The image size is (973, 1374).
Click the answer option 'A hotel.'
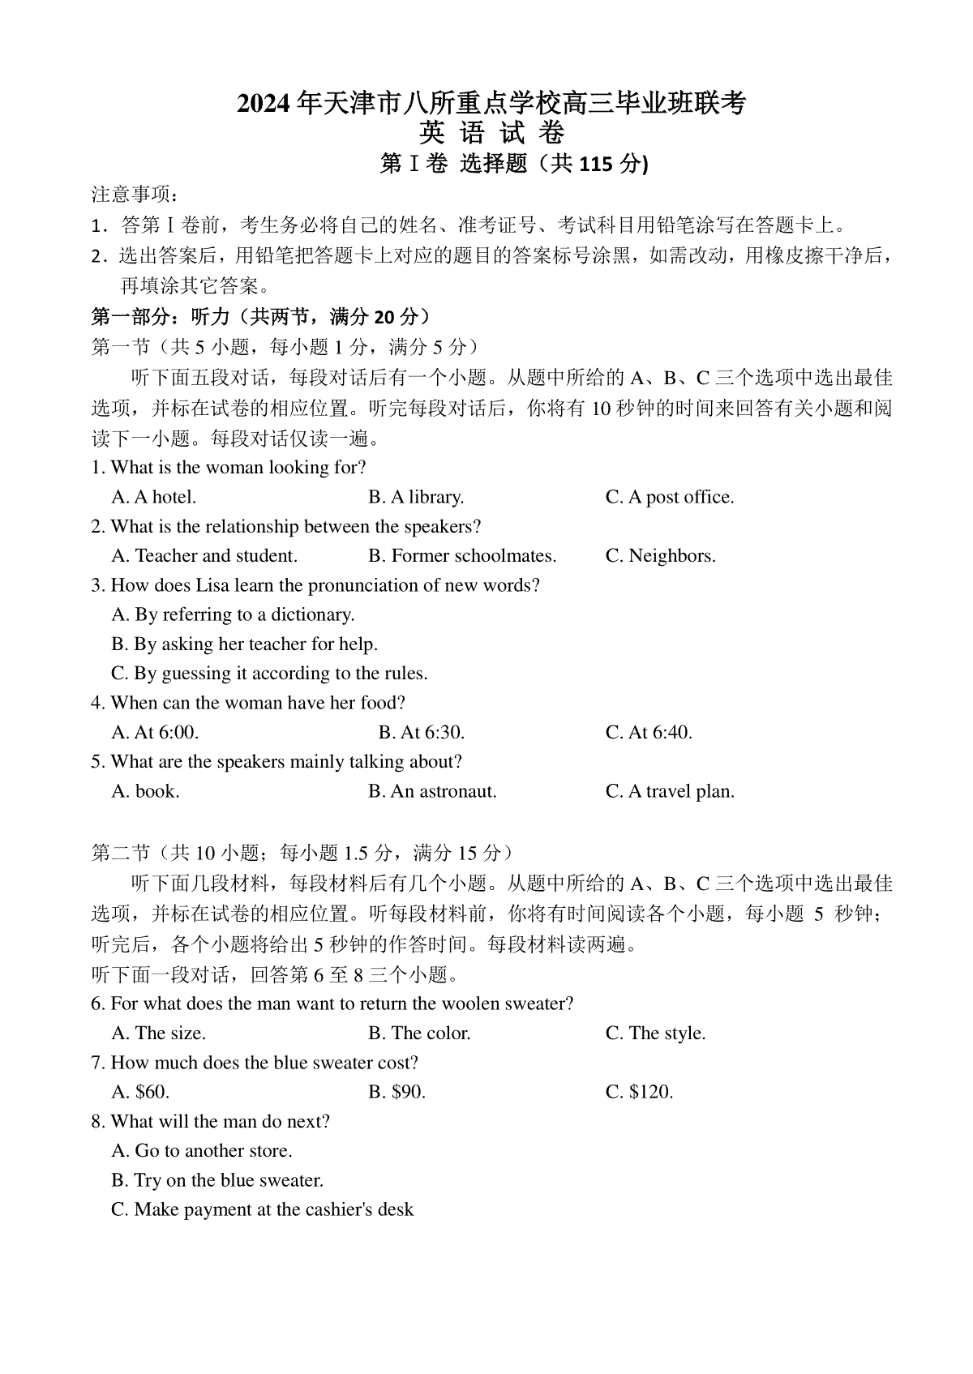pos(154,497)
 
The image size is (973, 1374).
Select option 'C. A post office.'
pos(670,497)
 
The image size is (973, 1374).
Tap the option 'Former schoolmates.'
pos(462,556)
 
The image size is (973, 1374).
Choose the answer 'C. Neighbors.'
pos(660,556)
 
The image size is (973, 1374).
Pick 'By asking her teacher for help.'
pos(245,644)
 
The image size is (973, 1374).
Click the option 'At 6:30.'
pos(422,733)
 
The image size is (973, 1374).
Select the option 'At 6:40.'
pos(649,733)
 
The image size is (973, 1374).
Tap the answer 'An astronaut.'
pos(432,791)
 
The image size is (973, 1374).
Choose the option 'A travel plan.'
pos(670,791)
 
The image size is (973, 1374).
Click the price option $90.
pos(397,1092)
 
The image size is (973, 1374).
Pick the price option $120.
pos(639,1092)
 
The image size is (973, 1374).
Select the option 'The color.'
pos(419,1034)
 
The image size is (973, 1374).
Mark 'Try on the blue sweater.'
pos(217,1180)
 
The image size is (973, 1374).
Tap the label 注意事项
pos(134,195)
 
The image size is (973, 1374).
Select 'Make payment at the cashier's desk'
pos(263,1210)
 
